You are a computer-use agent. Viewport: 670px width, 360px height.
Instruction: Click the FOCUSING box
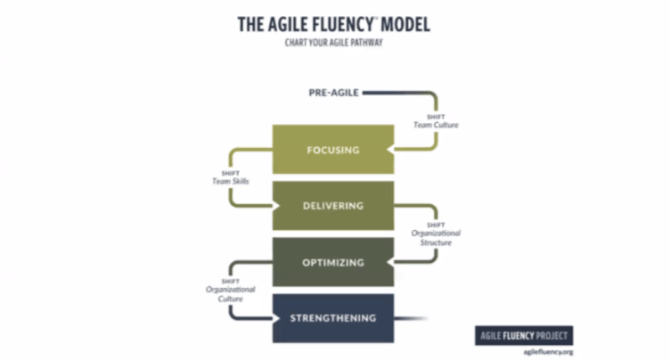(x=333, y=149)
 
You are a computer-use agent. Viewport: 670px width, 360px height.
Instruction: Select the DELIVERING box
(x=333, y=206)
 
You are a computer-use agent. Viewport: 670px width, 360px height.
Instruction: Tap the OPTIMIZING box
(x=333, y=262)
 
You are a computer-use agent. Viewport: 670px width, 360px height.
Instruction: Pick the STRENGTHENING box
(x=333, y=318)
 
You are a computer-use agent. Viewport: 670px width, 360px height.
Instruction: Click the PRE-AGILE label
(x=334, y=93)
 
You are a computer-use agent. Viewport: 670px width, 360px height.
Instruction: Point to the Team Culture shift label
(x=436, y=121)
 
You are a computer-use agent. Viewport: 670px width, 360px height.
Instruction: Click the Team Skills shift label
(x=230, y=177)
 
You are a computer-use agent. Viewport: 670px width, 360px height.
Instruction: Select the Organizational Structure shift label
(x=436, y=234)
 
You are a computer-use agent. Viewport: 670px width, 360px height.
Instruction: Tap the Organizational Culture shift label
(x=230, y=290)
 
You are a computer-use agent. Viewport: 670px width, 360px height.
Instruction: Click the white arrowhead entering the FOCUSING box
(x=390, y=150)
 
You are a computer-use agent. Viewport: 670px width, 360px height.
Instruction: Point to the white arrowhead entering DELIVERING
(x=276, y=206)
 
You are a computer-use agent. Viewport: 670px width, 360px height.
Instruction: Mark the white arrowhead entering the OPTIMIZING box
(x=390, y=262)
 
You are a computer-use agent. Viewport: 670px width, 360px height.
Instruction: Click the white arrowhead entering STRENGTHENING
(x=276, y=318)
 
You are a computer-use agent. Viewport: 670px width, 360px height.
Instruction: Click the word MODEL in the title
(x=405, y=24)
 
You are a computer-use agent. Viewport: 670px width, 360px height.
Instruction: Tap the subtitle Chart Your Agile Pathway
(x=334, y=43)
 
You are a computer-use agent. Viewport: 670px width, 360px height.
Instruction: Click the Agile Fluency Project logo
(x=524, y=336)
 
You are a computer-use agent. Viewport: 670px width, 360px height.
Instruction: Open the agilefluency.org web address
(x=548, y=352)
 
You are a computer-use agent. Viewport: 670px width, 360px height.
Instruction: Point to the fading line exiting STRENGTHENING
(x=411, y=318)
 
